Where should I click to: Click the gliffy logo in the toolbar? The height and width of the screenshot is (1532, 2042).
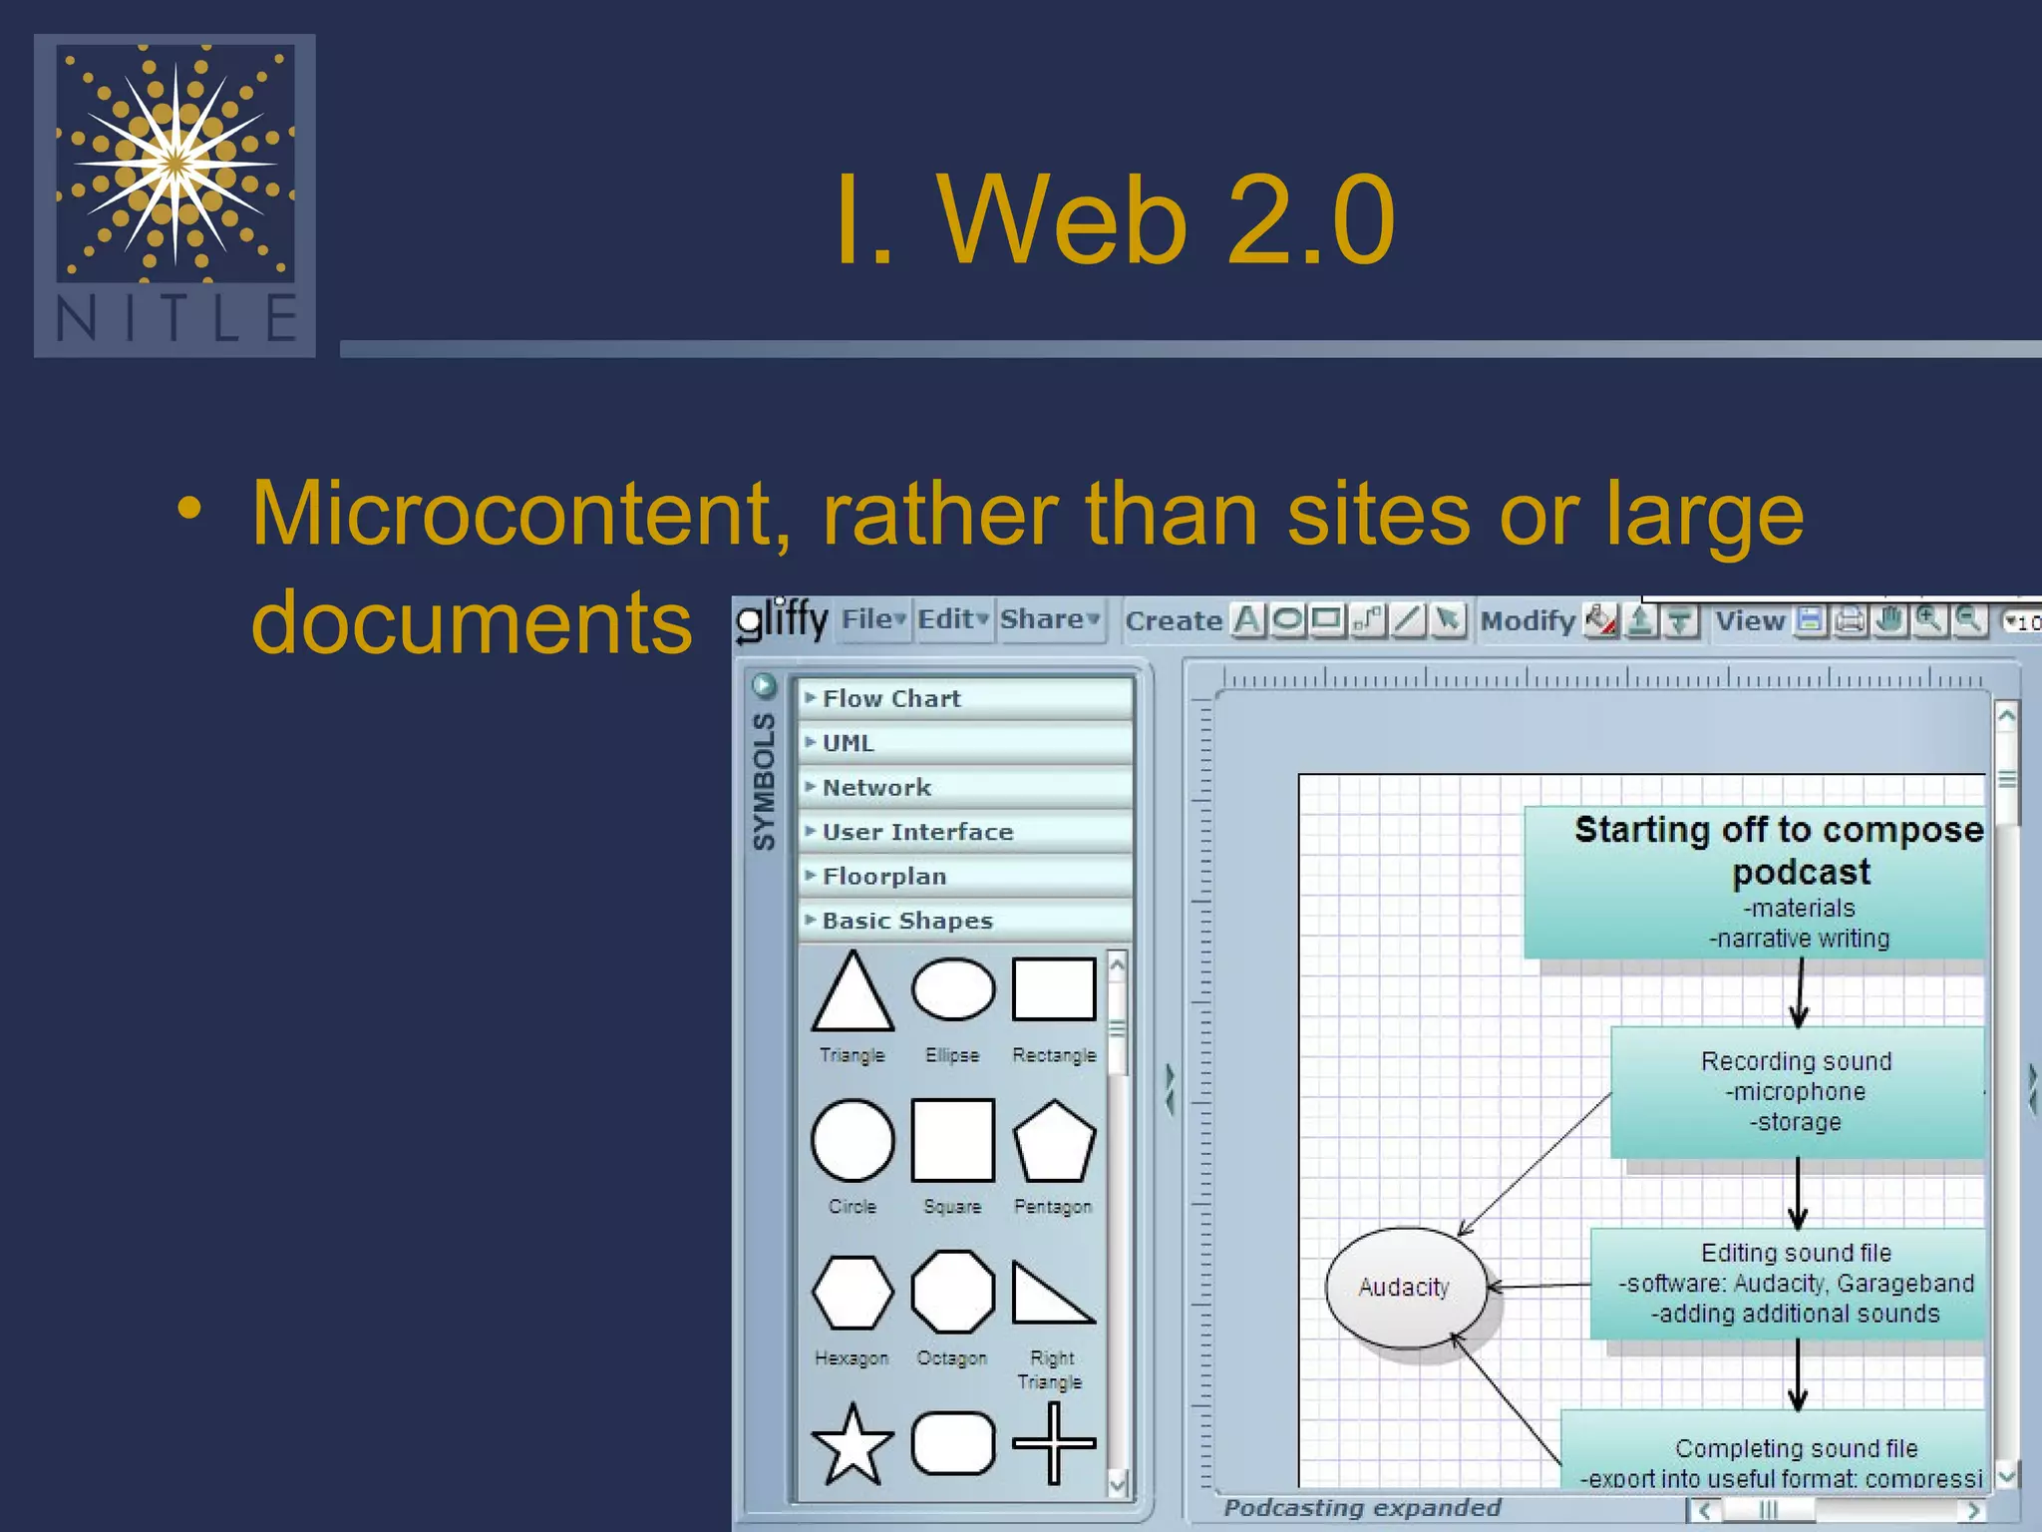coord(782,620)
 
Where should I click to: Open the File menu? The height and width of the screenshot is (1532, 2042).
coord(872,620)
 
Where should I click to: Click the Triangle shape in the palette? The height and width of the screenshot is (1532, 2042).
coord(852,993)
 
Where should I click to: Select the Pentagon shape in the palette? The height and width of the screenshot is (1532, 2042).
coord(1053,1141)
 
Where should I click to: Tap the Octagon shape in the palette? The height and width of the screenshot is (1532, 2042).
coord(953,1293)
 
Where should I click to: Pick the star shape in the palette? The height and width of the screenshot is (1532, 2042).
coord(852,1444)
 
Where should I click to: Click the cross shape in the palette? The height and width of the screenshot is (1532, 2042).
coord(1053,1443)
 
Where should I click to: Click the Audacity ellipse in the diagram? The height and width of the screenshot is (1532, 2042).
coord(1404,1288)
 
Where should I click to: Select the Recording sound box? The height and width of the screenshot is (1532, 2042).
coord(1797,1091)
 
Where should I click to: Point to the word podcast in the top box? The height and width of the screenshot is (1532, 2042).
coord(1801,873)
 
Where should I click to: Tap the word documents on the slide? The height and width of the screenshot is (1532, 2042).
coord(472,622)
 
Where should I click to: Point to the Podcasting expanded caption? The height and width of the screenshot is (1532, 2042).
coord(1362,1508)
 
